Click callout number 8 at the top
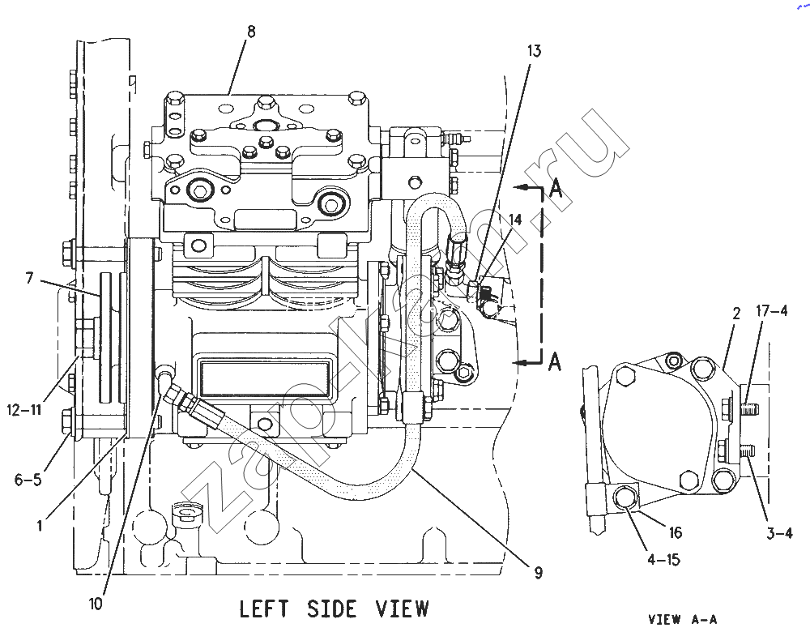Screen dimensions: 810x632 coord(251,32)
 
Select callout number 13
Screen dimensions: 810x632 coord(534,51)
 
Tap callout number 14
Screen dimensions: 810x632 coord(515,220)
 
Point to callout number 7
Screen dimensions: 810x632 coord(29,279)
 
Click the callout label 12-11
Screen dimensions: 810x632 coord(24,410)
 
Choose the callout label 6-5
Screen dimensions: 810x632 coord(28,480)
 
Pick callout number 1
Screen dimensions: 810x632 coord(39,526)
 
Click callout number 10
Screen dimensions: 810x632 coord(96,604)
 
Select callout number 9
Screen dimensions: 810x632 coord(539,573)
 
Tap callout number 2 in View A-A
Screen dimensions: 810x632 coord(736,314)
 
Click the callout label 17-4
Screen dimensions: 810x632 coord(772,310)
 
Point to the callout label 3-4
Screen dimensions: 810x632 coord(779,533)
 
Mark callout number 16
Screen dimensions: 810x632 coord(676,532)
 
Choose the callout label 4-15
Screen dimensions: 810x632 coord(664,560)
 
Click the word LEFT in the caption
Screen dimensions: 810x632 coord(263,609)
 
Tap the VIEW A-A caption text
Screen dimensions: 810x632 coord(682,619)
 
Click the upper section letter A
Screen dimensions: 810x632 coord(556,188)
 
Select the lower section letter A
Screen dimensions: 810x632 coord(554,361)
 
